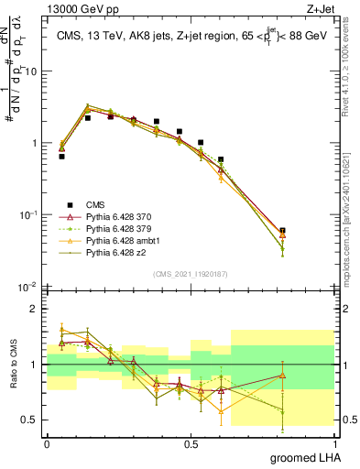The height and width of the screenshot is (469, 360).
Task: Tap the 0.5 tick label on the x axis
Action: (191, 442)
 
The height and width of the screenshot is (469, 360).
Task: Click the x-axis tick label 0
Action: (47, 442)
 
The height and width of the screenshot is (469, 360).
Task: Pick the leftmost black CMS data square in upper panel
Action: (61, 157)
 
